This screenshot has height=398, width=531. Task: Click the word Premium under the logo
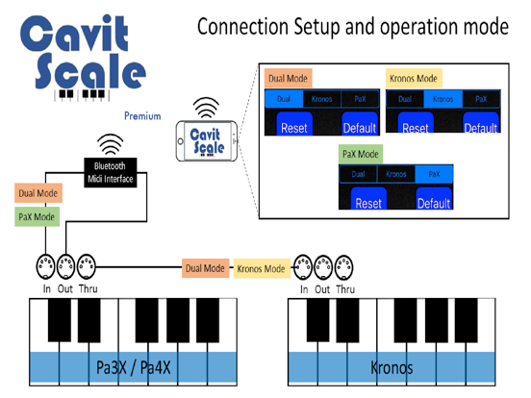click(x=142, y=115)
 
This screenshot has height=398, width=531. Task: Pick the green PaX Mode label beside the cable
click(x=38, y=217)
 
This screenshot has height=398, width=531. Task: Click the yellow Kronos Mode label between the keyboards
click(x=261, y=268)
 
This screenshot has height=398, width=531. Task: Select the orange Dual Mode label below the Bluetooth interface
click(x=38, y=193)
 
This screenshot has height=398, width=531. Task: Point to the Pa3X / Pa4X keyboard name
click(x=136, y=367)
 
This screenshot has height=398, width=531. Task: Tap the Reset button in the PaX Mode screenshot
click(x=368, y=203)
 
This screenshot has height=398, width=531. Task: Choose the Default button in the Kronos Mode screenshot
click(x=481, y=127)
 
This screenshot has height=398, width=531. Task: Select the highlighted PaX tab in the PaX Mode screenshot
click(x=433, y=174)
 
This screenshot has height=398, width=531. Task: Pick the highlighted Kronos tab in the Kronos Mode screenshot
click(x=442, y=98)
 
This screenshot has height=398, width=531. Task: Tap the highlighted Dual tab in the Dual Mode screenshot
click(x=283, y=98)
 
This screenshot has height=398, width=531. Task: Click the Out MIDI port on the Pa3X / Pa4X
click(x=64, y=265)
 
